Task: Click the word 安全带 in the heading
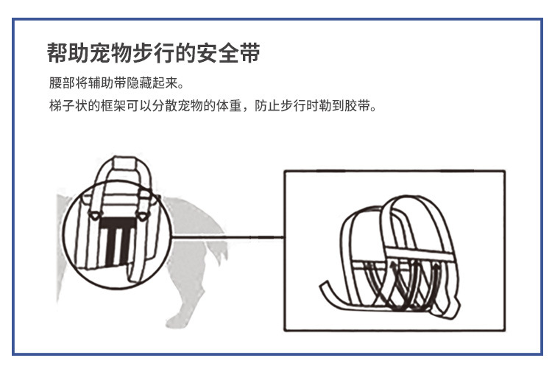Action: (234, 54)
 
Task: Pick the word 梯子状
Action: (65, 105)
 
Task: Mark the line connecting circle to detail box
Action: (228, 237)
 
